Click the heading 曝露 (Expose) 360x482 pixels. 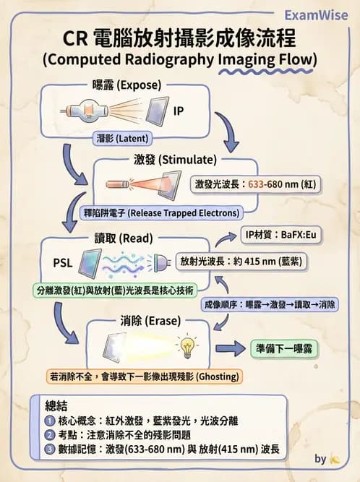coord(127,85)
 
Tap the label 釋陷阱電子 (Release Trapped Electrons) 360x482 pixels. coord(162,213)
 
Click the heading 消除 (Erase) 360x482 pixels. coord(147,320)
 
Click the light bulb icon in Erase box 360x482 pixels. coord(188,348)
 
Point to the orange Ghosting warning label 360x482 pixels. coord(144,376)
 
